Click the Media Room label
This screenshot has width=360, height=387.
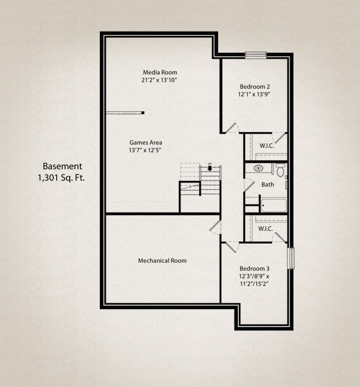point(160,72)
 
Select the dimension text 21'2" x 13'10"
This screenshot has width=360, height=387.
point(160,80)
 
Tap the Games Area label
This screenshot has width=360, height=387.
point(145,142)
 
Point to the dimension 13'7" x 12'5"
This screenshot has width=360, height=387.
point(145,150)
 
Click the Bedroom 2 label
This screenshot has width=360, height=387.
point(255,87)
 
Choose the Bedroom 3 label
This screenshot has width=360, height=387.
point(255,269)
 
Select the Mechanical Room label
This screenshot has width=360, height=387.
point(162,261)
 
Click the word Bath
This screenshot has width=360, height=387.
point(267,185)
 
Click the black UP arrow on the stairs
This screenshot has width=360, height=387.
point(209,168)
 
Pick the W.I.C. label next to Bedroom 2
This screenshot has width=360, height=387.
point(266,146)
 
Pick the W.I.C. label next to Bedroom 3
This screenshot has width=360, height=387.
point(266,228)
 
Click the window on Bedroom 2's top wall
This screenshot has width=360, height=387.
point(255,54)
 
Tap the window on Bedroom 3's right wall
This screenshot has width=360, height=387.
point(291,258)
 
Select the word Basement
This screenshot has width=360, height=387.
point(62,166)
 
